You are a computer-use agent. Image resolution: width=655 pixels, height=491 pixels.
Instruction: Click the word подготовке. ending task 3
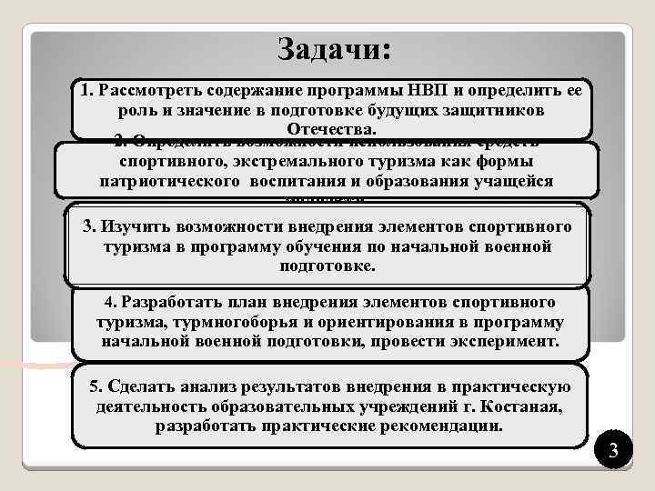pos(327,266)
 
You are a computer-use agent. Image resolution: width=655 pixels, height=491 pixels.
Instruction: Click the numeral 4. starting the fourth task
pos(112,303)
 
